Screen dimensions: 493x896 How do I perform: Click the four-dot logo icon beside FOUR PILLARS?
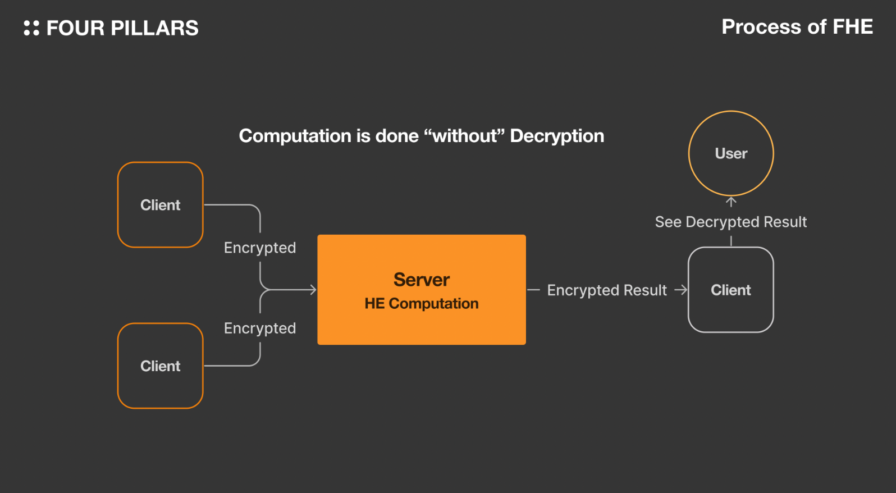pos(31,28)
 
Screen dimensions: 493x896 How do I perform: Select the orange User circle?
pos(731,153)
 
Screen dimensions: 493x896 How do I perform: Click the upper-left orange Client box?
pos(160,205)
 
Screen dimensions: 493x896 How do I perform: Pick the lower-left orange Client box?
pos(160,366)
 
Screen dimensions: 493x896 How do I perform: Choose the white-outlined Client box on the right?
pos(730,290)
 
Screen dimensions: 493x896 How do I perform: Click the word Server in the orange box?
pos(422,280)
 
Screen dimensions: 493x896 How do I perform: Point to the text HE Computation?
pos(422,304)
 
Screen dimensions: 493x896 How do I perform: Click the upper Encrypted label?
pos(260,248)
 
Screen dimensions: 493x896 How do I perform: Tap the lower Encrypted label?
pos(260,328)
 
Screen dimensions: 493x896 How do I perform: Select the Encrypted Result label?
pos(607,290)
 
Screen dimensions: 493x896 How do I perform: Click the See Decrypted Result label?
pos(730,222)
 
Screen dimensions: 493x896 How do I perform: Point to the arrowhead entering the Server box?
pos(313,290)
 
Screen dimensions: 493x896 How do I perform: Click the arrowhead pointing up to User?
pos(731,200)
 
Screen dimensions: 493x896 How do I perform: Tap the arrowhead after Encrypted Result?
pos(682,290)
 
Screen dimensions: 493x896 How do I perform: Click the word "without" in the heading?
pos(465,136)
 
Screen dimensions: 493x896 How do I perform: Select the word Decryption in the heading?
pos(557,136)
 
